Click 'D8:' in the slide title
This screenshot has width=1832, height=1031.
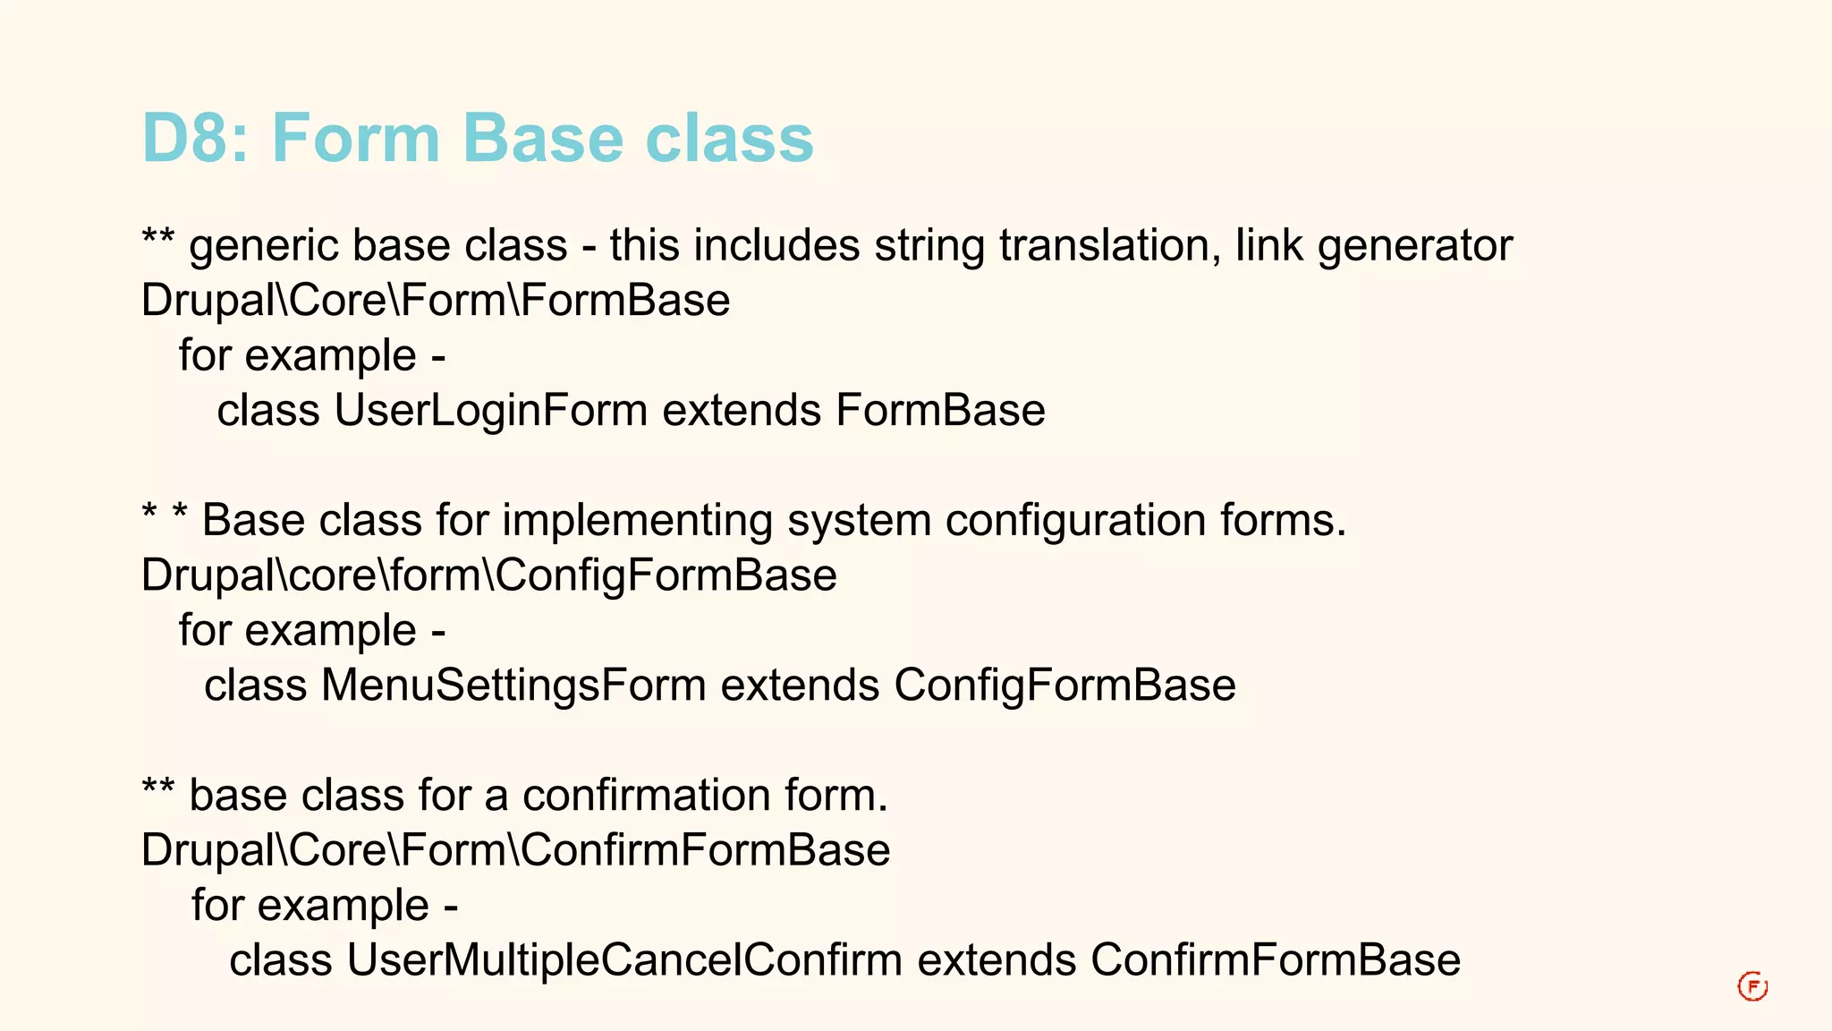195,139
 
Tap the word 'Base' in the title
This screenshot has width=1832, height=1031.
542,139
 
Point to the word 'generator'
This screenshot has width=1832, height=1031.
1414,246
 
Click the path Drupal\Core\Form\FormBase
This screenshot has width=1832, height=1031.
436,301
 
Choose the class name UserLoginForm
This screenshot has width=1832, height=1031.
490,411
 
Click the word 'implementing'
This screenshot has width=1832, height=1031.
637,521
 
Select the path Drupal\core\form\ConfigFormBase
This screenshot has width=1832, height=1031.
488,575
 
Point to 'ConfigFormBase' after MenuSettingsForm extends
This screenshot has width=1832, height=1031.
1064,686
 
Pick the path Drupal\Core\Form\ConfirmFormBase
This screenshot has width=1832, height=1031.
515,850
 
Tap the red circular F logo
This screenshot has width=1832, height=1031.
1752,987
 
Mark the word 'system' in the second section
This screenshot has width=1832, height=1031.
859,521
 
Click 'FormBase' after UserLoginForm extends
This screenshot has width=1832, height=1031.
940,411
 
